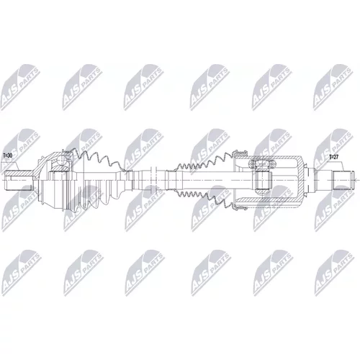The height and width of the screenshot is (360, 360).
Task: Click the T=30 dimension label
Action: coord(8,156)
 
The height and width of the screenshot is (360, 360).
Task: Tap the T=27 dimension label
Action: coord(333,157)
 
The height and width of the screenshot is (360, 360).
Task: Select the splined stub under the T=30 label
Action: coord(19,180)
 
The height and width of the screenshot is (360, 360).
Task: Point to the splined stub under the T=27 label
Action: coord(343,180)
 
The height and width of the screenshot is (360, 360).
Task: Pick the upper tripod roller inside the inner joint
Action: coord(261,164)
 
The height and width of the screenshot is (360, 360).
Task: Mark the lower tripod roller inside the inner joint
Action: coord(261,192)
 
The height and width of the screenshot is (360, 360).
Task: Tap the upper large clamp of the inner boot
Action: coord(240,153)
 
